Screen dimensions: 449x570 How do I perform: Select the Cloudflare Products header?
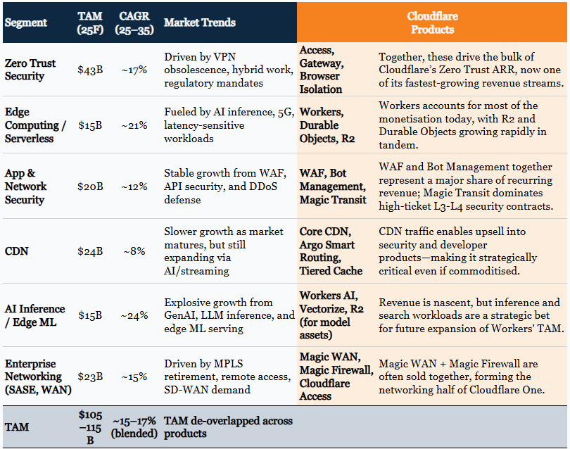point(430,23)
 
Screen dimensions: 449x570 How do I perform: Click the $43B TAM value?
point(89,70)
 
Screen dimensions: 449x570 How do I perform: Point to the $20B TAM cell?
point(89,186)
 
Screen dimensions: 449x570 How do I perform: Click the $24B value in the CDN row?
point(89,251)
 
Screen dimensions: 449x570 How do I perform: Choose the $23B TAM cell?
point(89,377)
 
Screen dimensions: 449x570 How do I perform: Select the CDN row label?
point(16,251)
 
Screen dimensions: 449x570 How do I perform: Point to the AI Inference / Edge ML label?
point(34,315)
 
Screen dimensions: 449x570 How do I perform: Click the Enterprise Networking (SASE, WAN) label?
point(34,377)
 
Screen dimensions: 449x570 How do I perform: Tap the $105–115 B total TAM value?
point(89,426)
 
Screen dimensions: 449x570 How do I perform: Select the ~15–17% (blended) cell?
point(133,426)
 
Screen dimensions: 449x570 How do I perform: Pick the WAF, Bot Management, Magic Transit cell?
point(332,186)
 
